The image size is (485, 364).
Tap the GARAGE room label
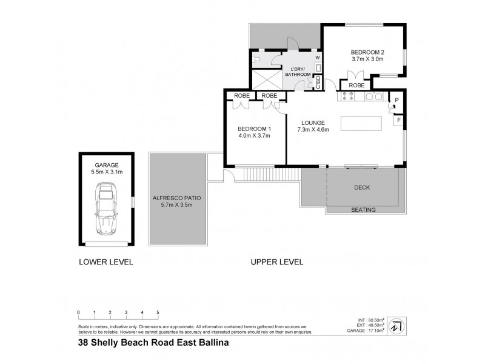tap(105, 164)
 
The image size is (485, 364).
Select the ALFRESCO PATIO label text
tap(176, 198)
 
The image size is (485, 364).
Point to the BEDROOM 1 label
tap(253, 129)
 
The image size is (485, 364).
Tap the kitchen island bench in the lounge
tap(362, 123)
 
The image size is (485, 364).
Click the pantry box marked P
tap(397, 100)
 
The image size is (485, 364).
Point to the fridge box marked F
tap(398, 120)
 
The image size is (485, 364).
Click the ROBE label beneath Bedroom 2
tap(356, 86)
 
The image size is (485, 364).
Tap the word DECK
tap(362, 187)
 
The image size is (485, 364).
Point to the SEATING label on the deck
tap(364, 210)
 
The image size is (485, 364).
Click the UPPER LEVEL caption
tap(277, 262)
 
